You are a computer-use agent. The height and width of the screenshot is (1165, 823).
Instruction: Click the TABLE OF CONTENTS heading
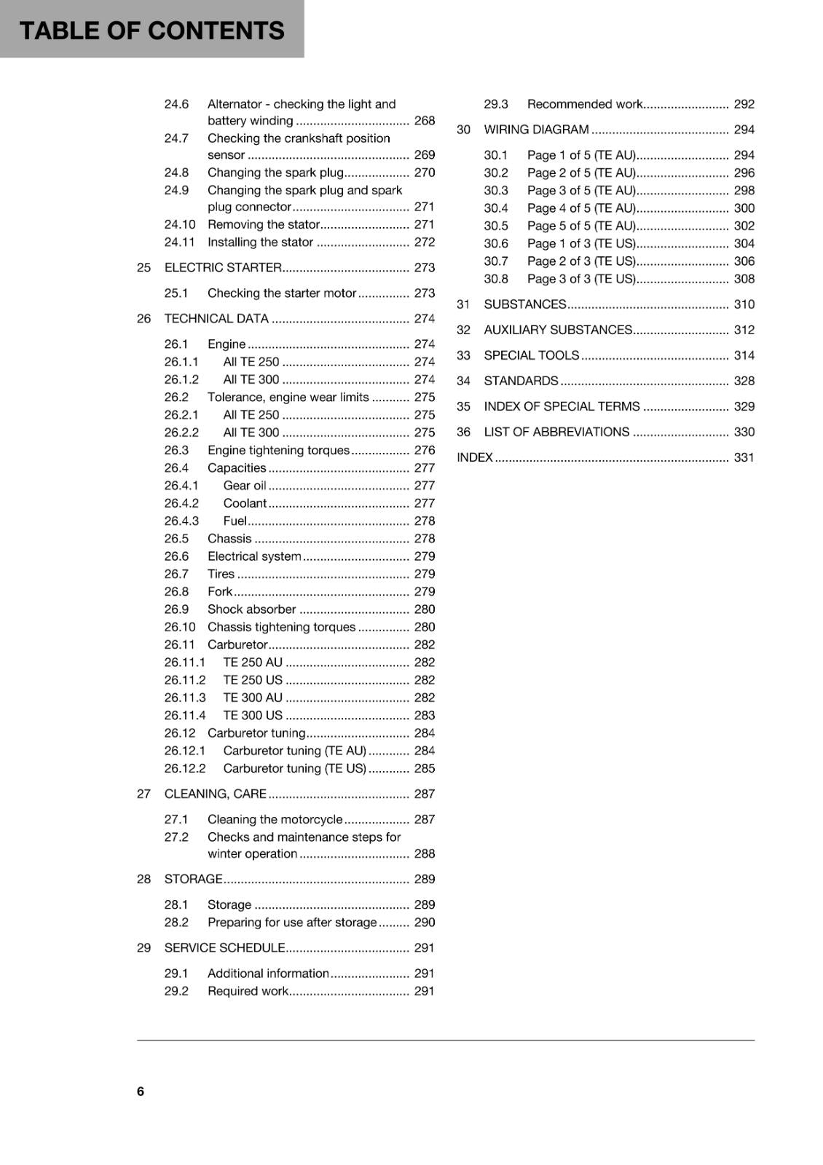click(151, 31)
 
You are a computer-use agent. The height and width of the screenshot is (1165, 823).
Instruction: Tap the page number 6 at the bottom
click(141, 1091)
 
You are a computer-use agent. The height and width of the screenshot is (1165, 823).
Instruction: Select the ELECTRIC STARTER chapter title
click(223, 267)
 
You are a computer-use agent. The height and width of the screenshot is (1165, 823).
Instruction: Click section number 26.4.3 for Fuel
click(181, 521)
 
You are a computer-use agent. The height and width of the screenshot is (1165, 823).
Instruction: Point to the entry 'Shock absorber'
click(251, 609)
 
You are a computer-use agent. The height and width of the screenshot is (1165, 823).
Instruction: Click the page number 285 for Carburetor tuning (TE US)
click(424, 768)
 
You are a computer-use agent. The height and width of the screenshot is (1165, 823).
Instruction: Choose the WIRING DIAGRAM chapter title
click(536, 130)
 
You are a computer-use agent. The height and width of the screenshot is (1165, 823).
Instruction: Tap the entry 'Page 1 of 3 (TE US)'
click(581, 243)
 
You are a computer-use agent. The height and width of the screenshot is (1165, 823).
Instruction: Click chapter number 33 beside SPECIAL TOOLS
click(463, 355)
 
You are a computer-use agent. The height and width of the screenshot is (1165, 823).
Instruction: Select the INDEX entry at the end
click(475, 457)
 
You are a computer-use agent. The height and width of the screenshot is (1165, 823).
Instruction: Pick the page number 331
click(744, 457)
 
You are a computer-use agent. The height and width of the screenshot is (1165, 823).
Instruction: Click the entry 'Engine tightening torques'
click(278, 450)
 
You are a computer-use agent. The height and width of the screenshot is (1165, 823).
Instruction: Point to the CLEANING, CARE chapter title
click(216, 794)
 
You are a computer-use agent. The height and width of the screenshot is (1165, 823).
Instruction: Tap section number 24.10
click(179, 224)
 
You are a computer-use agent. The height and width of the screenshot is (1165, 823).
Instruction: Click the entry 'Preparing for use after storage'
click(292, 922)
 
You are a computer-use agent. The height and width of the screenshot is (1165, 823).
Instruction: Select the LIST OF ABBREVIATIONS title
click(556, 432)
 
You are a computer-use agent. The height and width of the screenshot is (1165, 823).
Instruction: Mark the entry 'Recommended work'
click(585, 104)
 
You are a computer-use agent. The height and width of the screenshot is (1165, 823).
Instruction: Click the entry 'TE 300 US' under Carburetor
click(253, 715)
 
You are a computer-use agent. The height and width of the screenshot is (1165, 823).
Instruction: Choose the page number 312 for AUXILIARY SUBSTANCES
click(744, 330)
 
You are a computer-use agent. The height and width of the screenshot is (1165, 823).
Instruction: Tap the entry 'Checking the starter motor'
click(282, 293)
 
